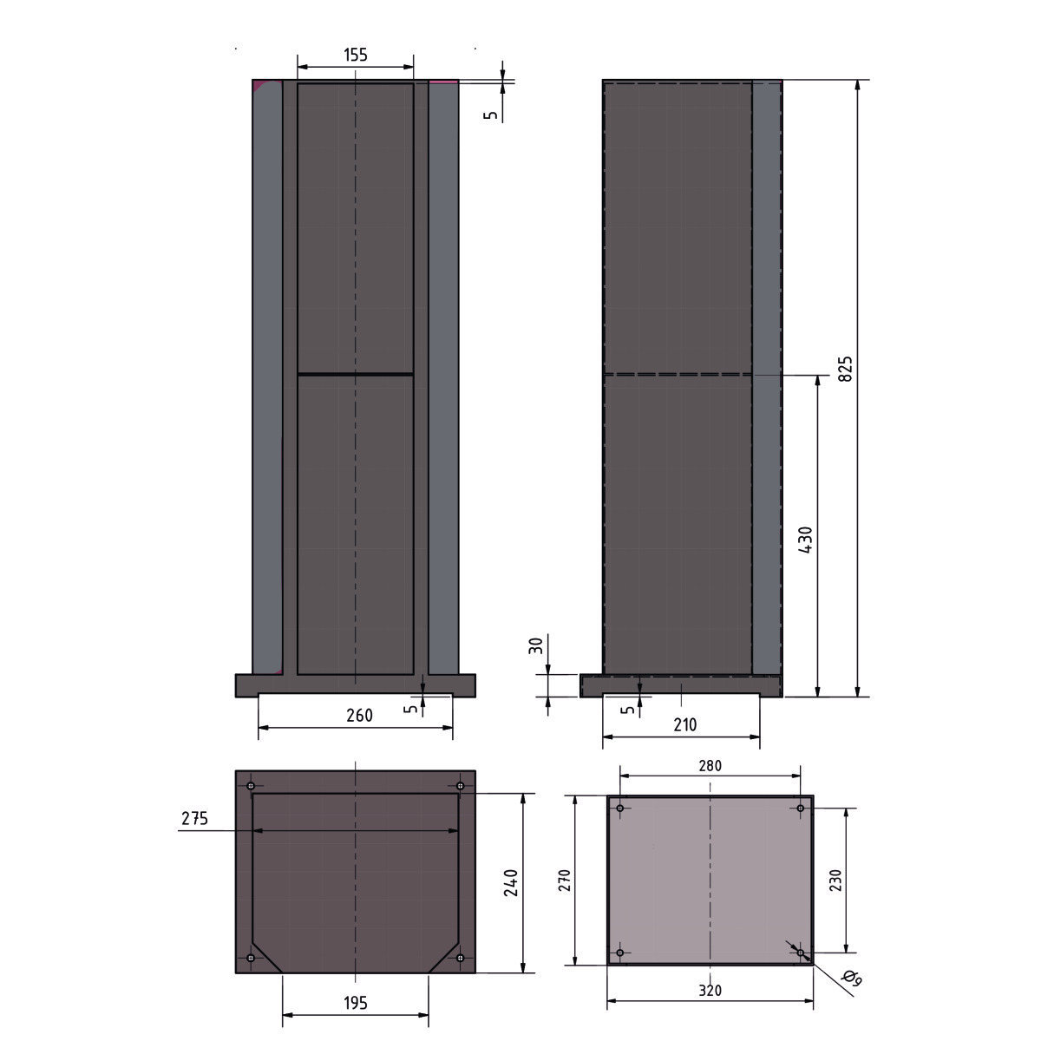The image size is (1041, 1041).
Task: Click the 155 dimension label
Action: click(356, 55)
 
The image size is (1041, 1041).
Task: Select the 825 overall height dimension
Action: click(846, 368)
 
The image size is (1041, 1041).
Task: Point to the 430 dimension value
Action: click(806, 540)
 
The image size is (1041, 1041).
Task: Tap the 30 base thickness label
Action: click(536, 645)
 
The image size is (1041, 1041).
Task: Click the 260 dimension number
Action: click(359, 716)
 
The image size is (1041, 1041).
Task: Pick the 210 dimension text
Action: click(684, 724)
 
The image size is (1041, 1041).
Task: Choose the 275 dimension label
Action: click(194, 818)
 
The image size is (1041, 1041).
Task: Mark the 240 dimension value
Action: click(511, 882)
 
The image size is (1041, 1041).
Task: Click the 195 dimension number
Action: click(356, 1003)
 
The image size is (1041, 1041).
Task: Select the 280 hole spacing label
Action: click(710, 766)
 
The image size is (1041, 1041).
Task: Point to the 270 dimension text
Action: click(564, 881)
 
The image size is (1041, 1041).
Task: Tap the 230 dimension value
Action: click(836, 881)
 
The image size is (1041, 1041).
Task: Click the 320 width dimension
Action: click(710, 991)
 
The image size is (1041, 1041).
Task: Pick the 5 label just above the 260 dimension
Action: click(411, 707)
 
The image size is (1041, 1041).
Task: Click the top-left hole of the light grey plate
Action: click(620, 809)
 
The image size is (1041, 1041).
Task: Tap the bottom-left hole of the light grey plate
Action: click(620, 953)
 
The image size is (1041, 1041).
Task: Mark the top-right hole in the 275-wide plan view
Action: click(461, 786)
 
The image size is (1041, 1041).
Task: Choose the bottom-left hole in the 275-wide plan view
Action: click(251, 958)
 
